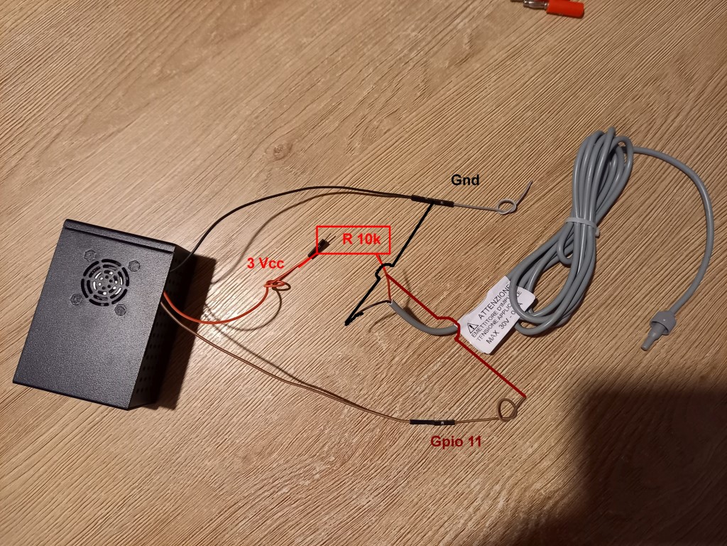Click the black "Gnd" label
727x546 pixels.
coord(465,181)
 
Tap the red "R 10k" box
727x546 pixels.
coord(353,240)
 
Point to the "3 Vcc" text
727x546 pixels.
coord(266,263)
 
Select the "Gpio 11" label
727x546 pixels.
coord(456,441)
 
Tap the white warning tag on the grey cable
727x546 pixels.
coord(497,313)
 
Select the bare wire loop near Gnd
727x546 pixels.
coord(506,206)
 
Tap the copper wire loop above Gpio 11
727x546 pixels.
coord(508,409)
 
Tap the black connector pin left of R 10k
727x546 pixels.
coord(321,247)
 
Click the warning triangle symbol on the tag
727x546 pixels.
coord(472,328)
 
